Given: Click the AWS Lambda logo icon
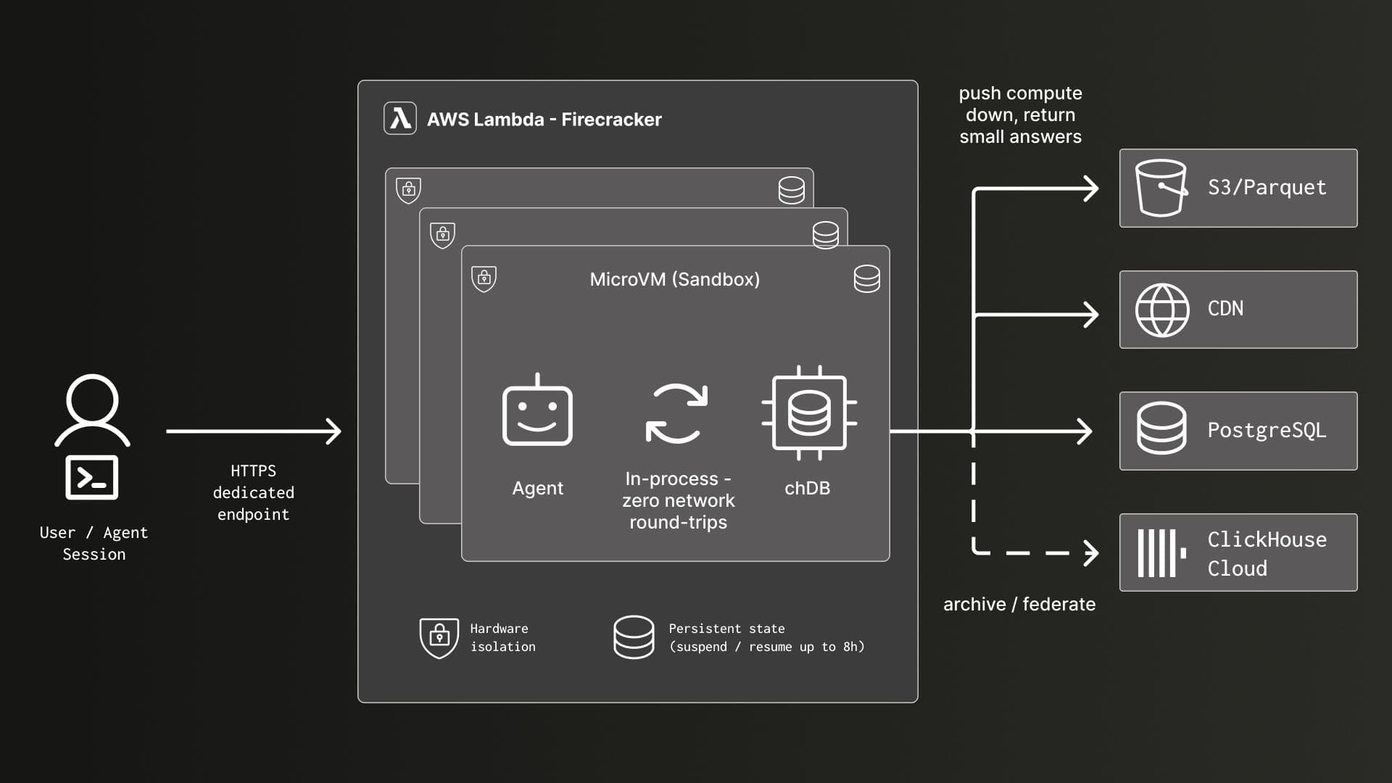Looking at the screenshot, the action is tap(400, 118).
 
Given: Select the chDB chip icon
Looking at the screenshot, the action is tap(809, 413).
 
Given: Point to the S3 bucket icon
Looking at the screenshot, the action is tap(1161, 188).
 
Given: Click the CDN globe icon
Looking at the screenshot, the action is tap(1162, 310).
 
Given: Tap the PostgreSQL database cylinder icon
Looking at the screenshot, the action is tap(1161, 428).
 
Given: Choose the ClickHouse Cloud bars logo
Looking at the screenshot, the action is tap(1161, 553).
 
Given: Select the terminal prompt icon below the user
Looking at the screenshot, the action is tap(92, 478).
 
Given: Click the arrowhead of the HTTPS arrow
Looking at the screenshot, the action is tap(334, 431).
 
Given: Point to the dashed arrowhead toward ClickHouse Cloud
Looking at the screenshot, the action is tap(1091, 552).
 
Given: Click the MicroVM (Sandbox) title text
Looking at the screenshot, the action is tap(674, 279).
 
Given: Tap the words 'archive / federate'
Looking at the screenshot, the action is tap(1019, 604).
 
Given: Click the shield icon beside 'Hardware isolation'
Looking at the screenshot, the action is tap(439, 638).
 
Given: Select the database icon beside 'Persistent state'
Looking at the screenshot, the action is tap(634, 637).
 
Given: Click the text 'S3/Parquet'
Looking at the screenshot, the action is tap(1267, 188).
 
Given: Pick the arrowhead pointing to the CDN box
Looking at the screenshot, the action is tap(1091, 315).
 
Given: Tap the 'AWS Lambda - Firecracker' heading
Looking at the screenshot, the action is tap(544, 119).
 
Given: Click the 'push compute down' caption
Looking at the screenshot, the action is tap(1020, 115).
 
